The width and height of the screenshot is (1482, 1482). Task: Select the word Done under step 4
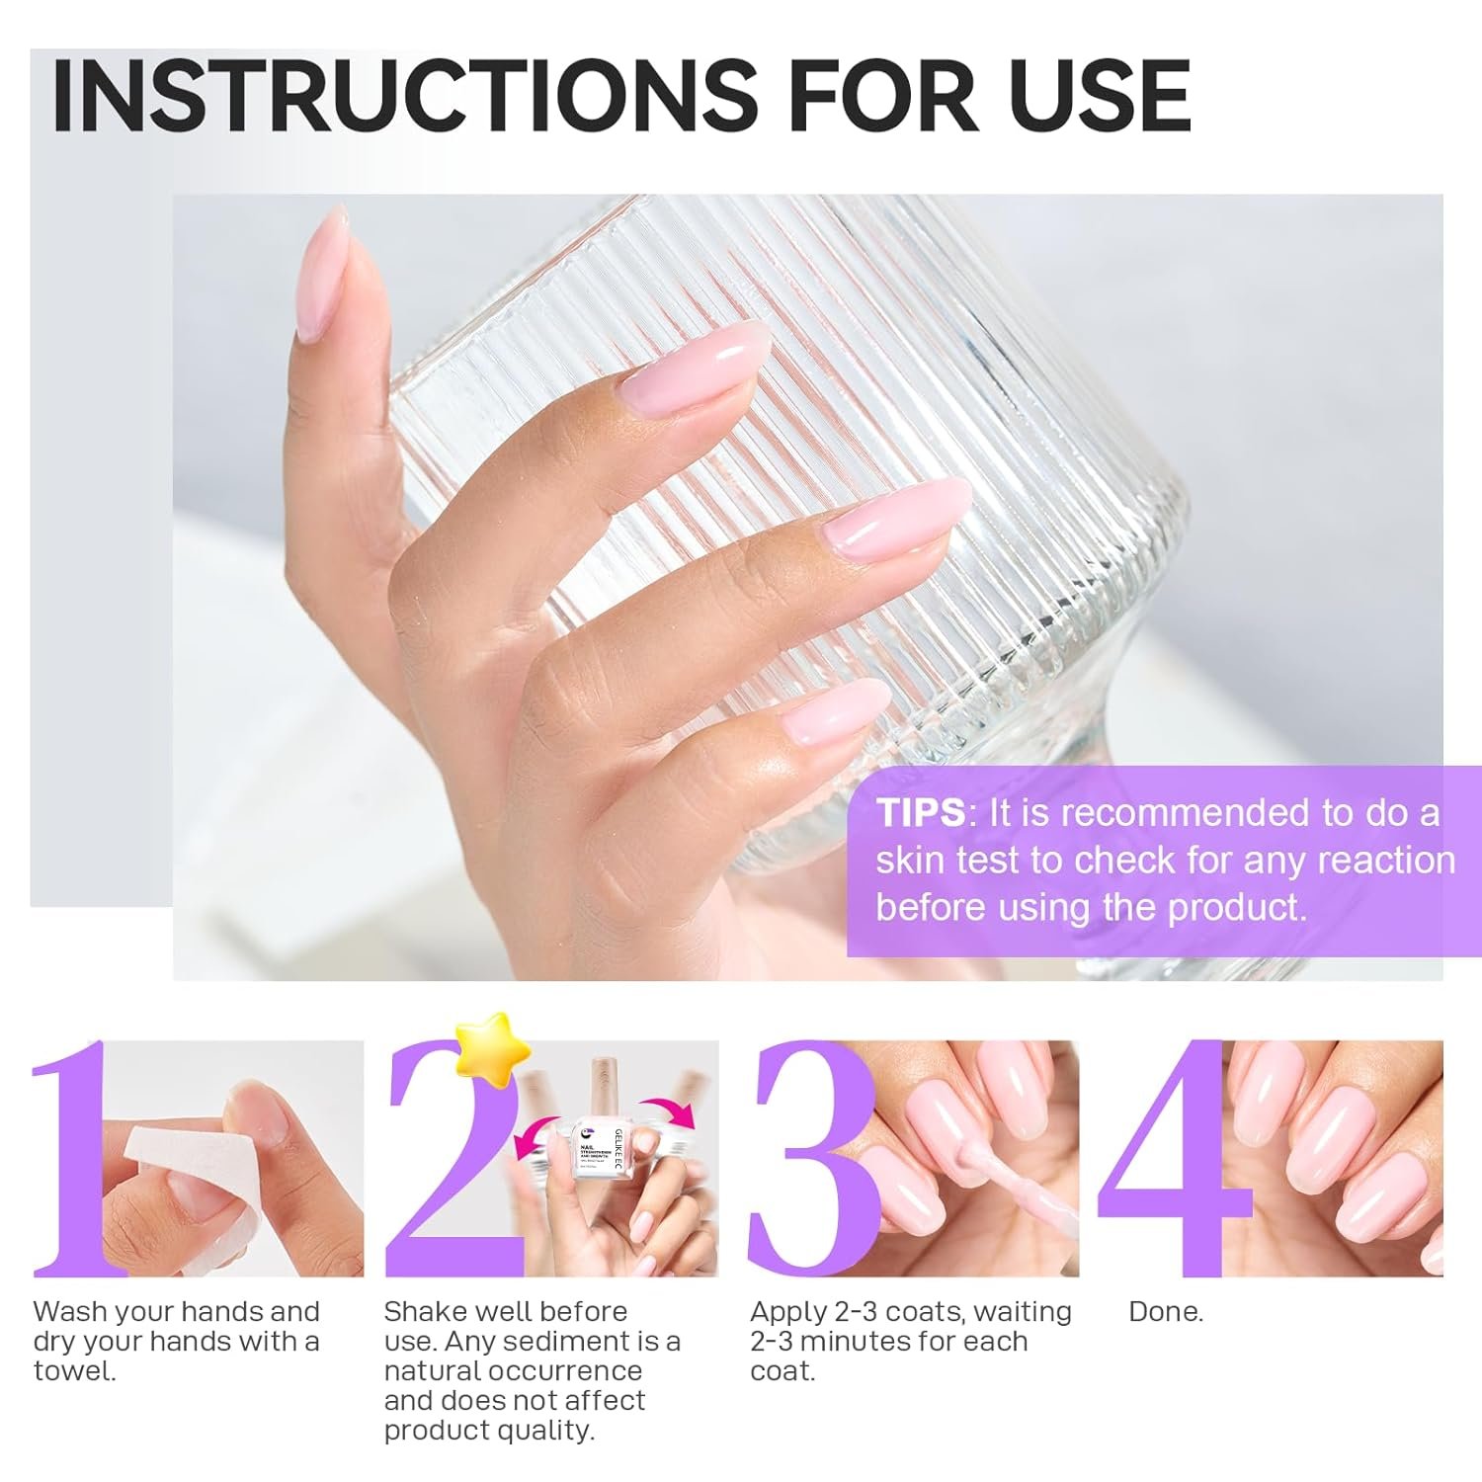(1166, 1312)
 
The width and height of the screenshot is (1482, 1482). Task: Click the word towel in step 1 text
(74, 1371)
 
